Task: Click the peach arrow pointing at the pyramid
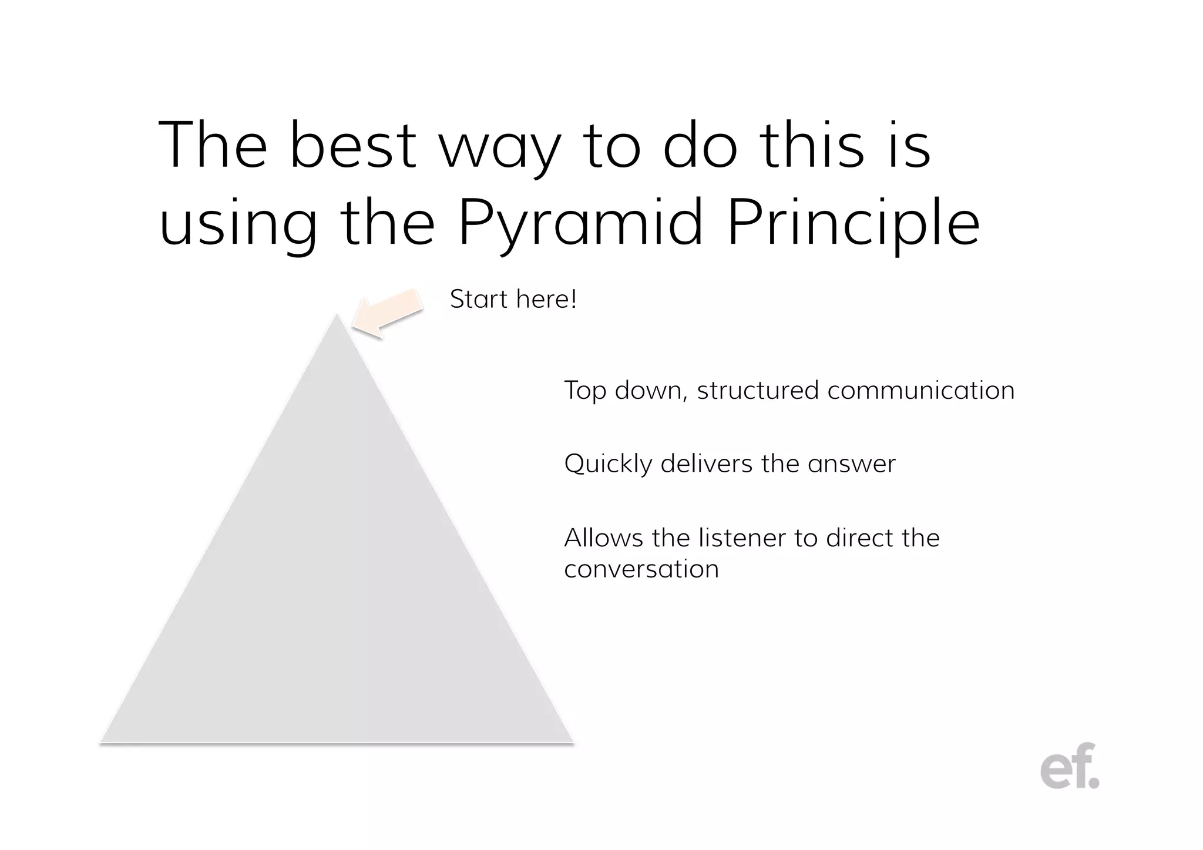[388, 313]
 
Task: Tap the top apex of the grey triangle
[337, 316]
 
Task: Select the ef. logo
[1069, 767]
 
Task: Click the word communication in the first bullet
[920, 391]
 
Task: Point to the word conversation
[641, 569]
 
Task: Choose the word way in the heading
[500, 147]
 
